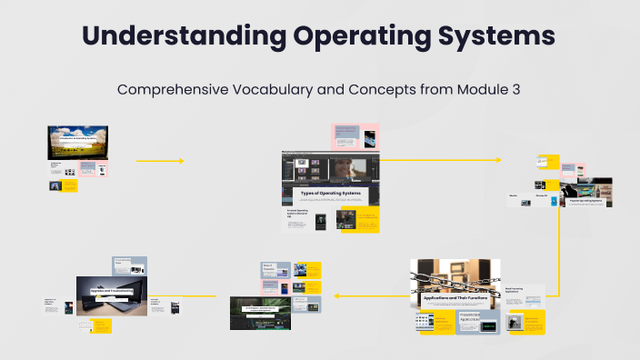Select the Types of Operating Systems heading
click(330, 194)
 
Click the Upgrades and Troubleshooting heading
click(113, 290)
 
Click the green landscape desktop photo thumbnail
click(77, 143)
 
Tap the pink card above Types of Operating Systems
click(355, 136)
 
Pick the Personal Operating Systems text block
click(298, 215)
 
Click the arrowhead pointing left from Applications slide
click(338, 295)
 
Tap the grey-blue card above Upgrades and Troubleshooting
click(129, 265)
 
